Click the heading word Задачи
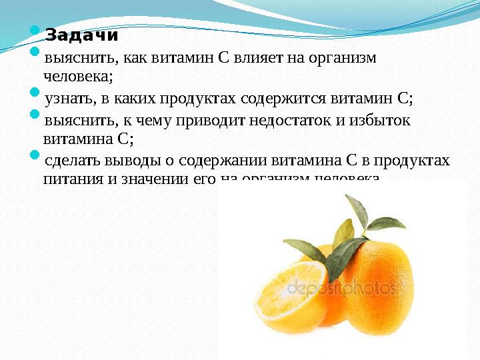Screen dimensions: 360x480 coord(81,35)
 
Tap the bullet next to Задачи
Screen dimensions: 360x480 coord(35,30)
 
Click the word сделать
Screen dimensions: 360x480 coord(67,161)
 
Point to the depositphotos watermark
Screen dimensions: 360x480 coord(340,289)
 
